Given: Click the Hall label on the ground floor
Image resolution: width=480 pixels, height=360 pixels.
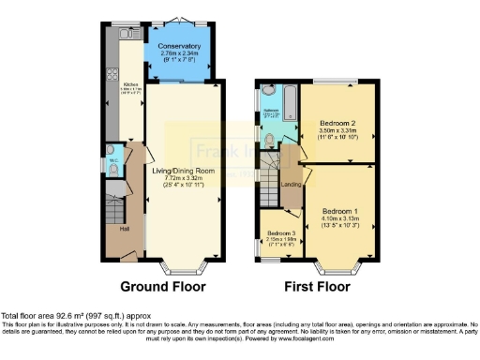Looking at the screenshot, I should pyautogui.click(x=124, y=228).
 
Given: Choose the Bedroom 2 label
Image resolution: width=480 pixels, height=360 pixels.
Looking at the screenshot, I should pyautogui.click(x=334, y=122).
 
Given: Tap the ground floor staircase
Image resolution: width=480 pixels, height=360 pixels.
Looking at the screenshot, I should pyautogui.click(x=114, y=202).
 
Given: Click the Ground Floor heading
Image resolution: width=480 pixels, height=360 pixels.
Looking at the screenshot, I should pyautogui.click(x=163, y=285).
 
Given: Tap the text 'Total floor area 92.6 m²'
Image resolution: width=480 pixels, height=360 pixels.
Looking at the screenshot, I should pyautogui.click(x=47, y=315).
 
